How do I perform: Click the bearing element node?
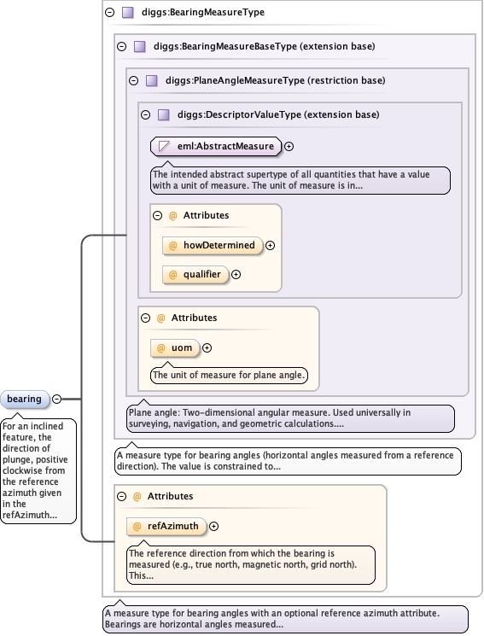(25, 400)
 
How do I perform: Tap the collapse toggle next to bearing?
(57, 400)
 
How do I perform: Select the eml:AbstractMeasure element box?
(216, 147)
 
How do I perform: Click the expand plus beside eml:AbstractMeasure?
(289, 147)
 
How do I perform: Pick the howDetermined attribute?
(213, 245)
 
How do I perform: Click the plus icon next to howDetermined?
(271, 245)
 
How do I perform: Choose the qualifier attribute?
(195, 275)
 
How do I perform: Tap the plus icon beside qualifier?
(236, 275)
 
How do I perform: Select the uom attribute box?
(175, 348)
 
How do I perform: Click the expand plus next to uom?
(207, 348)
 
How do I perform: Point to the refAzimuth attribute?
(166, 527)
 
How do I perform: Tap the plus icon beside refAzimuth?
(213, 527)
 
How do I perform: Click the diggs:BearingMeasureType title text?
(203, 12)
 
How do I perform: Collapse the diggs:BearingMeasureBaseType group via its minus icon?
(122, 46)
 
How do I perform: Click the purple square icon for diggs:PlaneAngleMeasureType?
(152, 80)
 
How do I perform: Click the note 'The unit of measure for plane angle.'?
(229, 375)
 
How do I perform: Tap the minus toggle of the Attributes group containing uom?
(146, 318)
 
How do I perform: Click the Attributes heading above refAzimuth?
(170, 496)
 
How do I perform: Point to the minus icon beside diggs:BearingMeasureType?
(109, 12)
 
